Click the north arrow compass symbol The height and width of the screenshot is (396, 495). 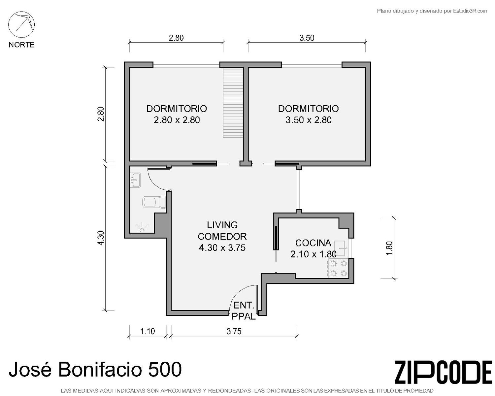(x=21, y=25)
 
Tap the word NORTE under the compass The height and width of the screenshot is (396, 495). (x=22, y=45)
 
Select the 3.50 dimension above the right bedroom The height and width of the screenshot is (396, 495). (x=307, y=38)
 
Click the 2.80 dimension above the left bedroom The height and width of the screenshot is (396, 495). (x=176, y=38)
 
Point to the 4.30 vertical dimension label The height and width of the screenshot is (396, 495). (x=101, y=238)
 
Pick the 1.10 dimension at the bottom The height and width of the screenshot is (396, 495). (x=148, y=331)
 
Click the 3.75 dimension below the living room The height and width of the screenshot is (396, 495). (x=234, y=331)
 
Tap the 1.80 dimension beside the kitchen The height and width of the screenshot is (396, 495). (x=389, y=248)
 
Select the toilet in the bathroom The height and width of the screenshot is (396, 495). (x=154, y=202)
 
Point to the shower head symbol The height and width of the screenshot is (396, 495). (x=142, y=227)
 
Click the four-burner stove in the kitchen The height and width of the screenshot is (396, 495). (x=338, y=268)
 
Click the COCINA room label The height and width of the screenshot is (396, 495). (x=313, y=243)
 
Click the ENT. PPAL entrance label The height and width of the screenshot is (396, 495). (x=244, y=311)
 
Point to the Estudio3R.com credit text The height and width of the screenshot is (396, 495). (x=470, y=11)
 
